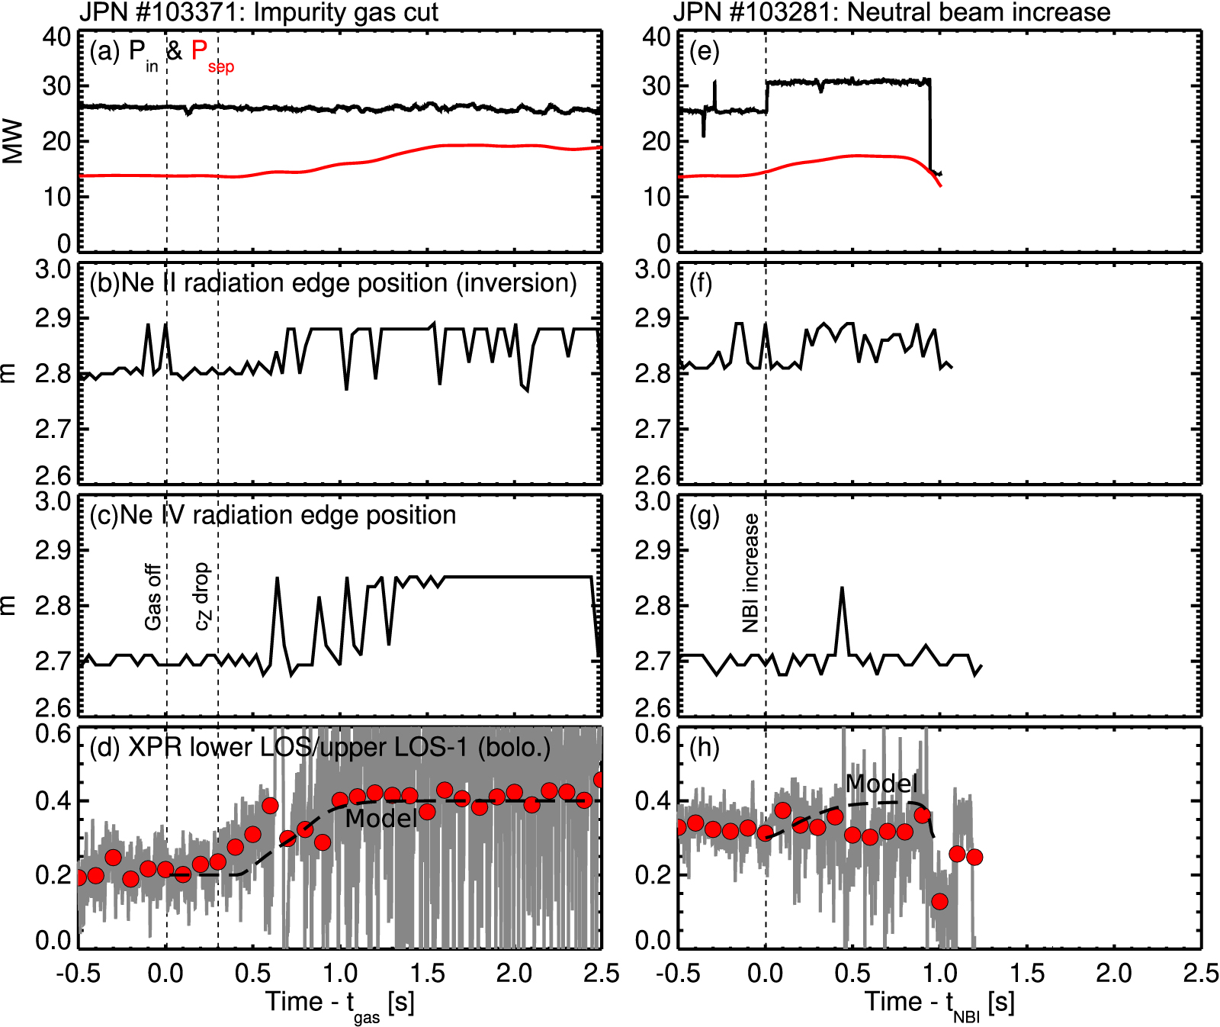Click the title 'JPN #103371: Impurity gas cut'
258,12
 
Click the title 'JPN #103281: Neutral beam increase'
891,12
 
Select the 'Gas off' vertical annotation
153,597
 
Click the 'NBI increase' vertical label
751,573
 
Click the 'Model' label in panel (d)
380,819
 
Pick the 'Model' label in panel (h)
881,784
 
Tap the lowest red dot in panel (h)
939,901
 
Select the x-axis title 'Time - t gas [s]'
339,1004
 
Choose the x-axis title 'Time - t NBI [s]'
939,1004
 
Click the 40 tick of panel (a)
56,37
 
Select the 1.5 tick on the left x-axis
427,974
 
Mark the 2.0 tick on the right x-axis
1114,974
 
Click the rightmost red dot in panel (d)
600,779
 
